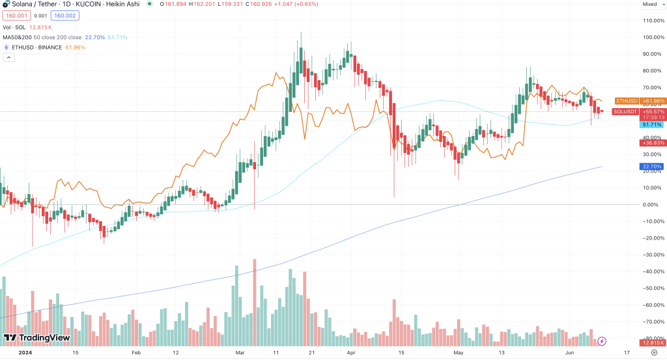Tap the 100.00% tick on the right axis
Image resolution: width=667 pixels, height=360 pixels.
(653, 37)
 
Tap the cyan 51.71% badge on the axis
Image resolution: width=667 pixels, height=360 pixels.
(652, 124)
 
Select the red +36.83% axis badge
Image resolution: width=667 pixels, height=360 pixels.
(652, 143)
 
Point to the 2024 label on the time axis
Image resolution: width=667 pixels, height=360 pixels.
(25, 353)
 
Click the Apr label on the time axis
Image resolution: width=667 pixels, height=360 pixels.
(352, 353)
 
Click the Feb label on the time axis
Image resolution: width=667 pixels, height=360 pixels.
(135, 353)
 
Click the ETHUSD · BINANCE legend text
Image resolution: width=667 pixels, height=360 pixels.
(37, 48)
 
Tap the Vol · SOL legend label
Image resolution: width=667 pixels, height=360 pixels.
(15, 27)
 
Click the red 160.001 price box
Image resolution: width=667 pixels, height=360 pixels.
(14, 15)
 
